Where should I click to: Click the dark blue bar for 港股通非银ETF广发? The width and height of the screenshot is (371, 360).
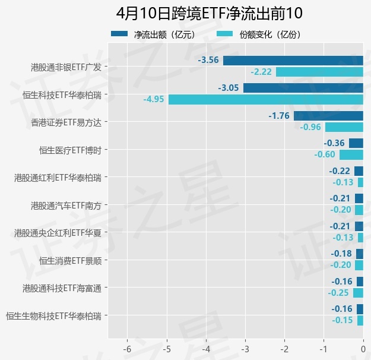tap(293, 60)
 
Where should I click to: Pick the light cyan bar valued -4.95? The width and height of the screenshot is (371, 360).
tap(266, 99)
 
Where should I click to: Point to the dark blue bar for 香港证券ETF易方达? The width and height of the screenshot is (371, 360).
tap(328, 116)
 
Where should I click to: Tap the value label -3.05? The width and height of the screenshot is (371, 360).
tap(229, 88)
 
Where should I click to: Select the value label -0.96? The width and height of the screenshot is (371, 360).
tap(310, 127)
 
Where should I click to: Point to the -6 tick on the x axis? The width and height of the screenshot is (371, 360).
tap(127, 348)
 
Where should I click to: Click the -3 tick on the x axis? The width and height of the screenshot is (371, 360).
tap(245, 348)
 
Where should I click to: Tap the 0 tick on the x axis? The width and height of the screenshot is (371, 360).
tap(363, 348)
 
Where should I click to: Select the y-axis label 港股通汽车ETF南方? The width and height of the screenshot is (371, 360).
tap(66, 206)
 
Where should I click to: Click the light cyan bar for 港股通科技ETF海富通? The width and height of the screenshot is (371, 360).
tap(358, 293)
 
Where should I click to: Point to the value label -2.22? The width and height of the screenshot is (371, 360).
tap(261, 72)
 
